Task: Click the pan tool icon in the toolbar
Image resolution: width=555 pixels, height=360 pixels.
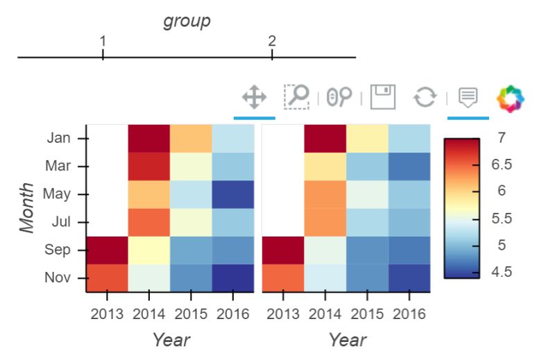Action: click(254, 97)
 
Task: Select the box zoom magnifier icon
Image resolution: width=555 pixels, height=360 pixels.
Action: click(297, 97)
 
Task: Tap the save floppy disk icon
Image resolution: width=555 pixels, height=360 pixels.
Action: click(382, 97)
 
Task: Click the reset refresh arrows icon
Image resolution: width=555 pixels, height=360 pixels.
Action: click(425, 97)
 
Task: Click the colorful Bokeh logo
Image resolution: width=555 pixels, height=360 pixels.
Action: click(511, 98)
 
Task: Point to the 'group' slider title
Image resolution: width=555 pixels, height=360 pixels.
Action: click(187, 22)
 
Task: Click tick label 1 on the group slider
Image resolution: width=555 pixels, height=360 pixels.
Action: click(103, 41)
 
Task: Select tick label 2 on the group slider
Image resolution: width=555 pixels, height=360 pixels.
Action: click(272, 41)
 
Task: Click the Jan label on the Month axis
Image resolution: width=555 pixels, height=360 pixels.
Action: click(58, 138)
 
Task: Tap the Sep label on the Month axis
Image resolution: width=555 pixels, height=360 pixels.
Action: click(58, 250)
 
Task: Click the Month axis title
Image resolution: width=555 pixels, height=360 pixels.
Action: click(27, 208)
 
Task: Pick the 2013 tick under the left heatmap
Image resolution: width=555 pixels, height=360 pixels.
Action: click(107, 314)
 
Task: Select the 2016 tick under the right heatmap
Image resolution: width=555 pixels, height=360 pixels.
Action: click(409, 314)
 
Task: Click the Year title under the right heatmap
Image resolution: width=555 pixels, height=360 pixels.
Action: click(347, 340)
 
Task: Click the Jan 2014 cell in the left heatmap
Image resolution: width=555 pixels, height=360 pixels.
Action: click(148, 138)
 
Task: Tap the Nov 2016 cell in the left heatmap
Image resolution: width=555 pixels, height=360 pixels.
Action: click(233, 277)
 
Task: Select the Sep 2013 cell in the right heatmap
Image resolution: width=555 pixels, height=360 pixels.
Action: click(283, 250)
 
